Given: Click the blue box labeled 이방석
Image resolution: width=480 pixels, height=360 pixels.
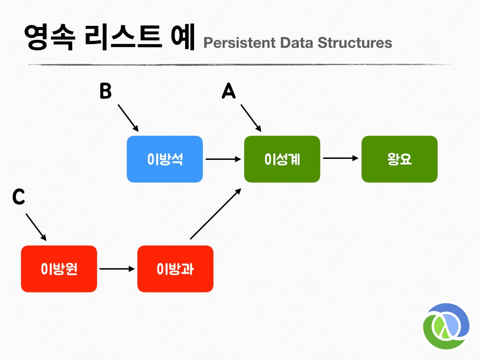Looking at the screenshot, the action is pos(165,159).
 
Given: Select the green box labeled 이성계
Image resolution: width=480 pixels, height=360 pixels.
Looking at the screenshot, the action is pos(282,159).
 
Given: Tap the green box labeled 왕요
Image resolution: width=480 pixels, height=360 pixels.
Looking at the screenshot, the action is pos(399,159).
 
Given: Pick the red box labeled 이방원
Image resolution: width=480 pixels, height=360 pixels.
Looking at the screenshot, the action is pos(59,269).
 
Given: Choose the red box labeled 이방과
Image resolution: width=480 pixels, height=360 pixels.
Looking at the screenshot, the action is pos(175,269).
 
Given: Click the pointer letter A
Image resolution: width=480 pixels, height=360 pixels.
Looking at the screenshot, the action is pos(229,91).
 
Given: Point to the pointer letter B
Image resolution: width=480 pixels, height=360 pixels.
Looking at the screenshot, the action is pos(105,91).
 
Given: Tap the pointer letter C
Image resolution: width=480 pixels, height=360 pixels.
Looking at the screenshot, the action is pos(18,196).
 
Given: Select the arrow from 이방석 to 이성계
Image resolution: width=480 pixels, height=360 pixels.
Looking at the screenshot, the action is pos(224,159).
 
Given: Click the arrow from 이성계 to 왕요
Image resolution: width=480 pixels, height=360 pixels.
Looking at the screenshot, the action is pos(341,158).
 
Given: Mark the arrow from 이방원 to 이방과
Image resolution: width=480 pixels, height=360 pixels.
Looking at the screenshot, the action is pos(117,269).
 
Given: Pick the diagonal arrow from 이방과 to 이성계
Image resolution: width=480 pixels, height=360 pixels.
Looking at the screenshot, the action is pos(216,214).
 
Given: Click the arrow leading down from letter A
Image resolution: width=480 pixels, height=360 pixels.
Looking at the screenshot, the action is pos(251,118).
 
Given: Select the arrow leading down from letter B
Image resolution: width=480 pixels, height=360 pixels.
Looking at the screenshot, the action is pos(128,118).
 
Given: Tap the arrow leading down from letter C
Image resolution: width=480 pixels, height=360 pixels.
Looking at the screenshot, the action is pos(36,227).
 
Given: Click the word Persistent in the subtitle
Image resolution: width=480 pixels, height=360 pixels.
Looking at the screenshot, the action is pos(240,43).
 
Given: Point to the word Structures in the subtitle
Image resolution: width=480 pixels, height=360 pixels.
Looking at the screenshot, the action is pos(355,43).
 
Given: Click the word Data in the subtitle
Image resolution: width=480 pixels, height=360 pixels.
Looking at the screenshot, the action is pos(297,43).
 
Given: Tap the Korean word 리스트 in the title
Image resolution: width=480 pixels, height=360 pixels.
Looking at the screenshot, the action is pos(123,37).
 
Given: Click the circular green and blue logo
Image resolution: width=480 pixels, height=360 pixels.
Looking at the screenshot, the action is pos(446,326).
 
